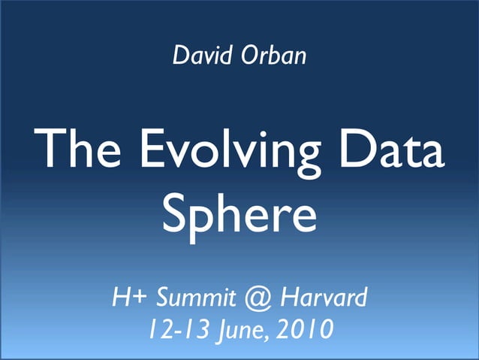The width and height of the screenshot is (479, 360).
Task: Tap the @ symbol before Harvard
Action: click(x=258, y=300)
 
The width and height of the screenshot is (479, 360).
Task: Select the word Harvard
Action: click(x=324, y=299)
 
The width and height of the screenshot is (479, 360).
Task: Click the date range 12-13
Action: click(x=173, y=329)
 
